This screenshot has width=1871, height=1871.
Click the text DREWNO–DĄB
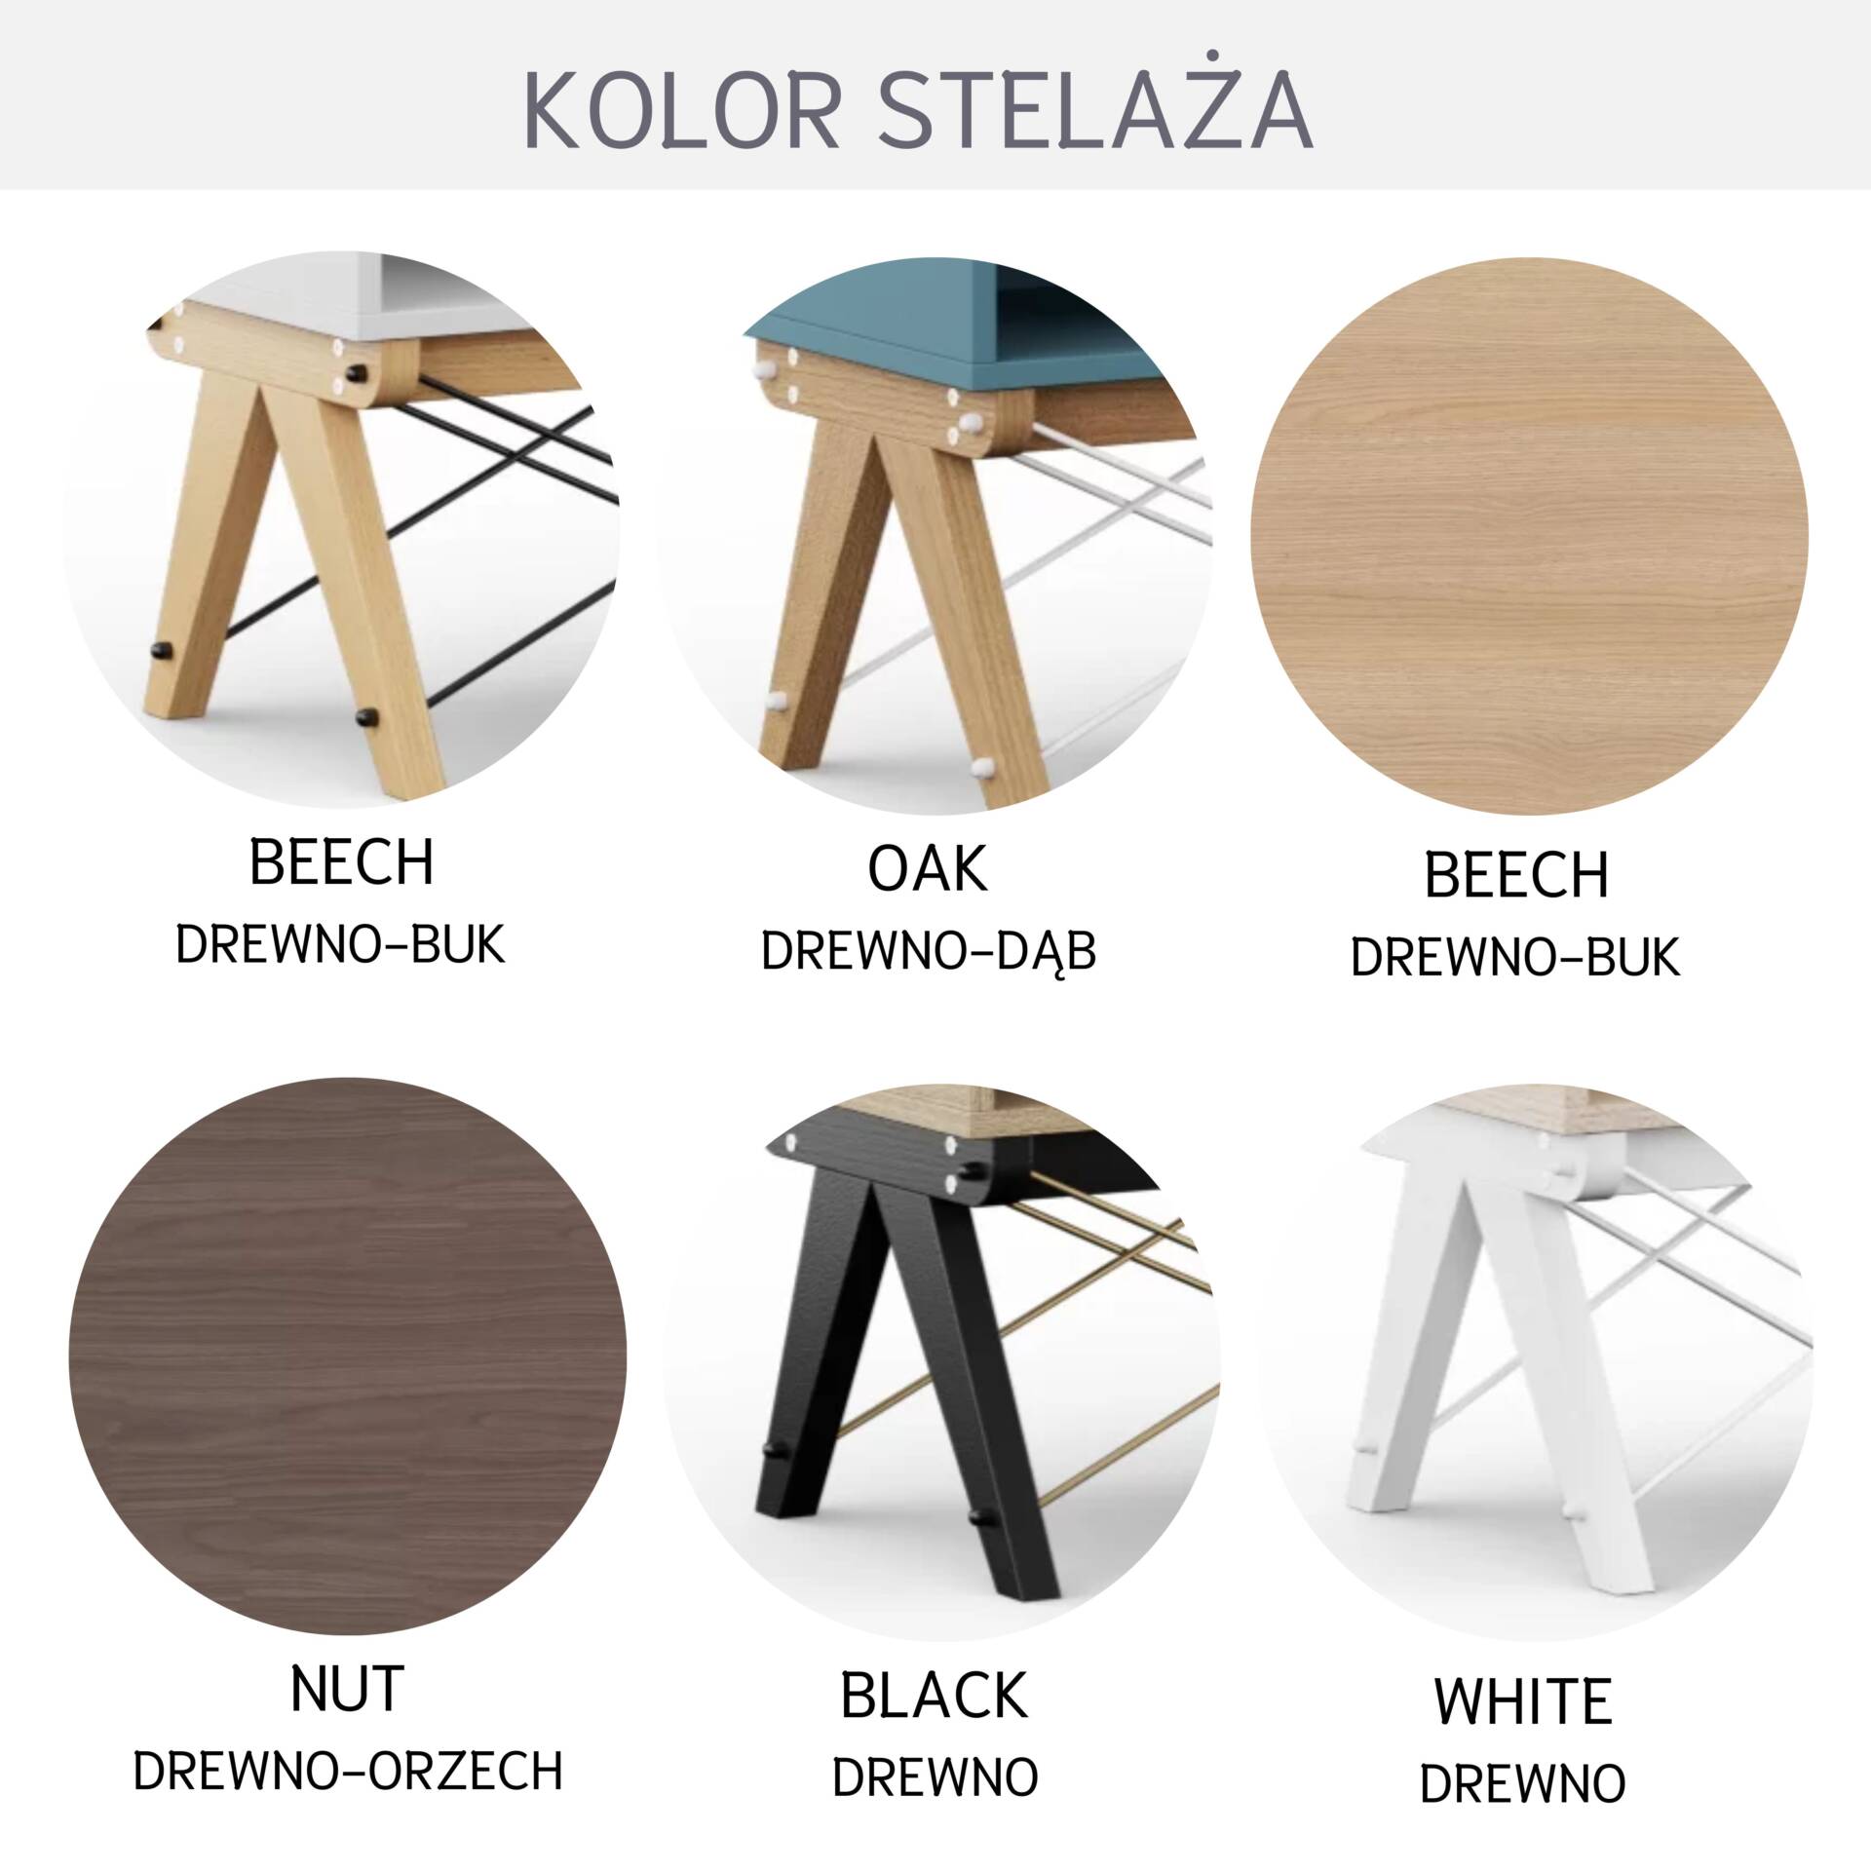929,952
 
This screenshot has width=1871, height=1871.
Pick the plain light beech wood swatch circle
1529,534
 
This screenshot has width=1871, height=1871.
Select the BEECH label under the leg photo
341,862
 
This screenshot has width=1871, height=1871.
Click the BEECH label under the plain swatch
1516,874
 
